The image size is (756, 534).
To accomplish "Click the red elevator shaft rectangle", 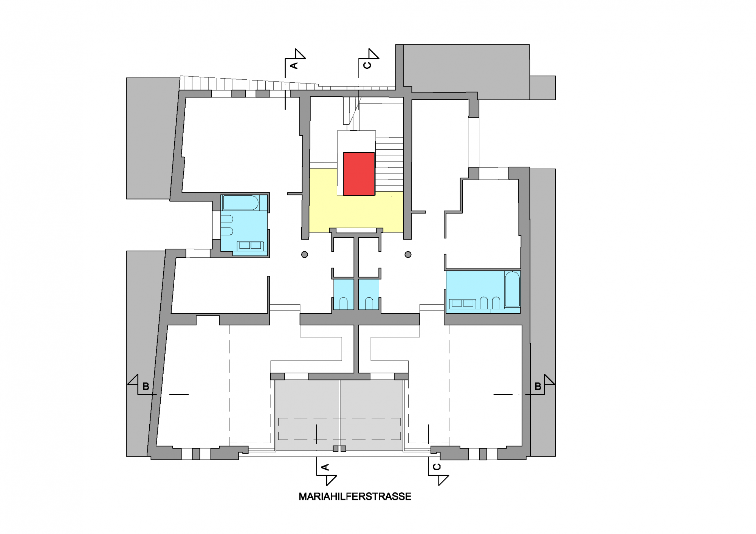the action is pyautogui.click(x=359, y=174).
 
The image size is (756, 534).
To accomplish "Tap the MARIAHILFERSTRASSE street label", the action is pyautogui.click(x=355, y=497).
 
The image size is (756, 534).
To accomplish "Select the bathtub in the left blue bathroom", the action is pyautogui.click(x=241, y=203).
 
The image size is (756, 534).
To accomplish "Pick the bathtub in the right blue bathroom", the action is pyautogui.click(x=512, y=289).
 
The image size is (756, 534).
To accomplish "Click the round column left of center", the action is pyautogui.click(x=305, y=254).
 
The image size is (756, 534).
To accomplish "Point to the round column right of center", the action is pyautogui.click(x=408, y=254).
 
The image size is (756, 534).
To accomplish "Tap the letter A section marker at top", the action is pyautogui.click(x=294, y=65).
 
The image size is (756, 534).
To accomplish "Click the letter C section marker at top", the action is pyautogui.click(x=367, y=65).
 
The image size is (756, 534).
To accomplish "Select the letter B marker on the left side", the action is pyautogui.click(x=146, y=387).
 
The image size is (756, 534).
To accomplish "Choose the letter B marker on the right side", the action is pyautogui.click(x=538, y=387).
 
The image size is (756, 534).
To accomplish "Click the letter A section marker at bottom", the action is pyautogui.click(x=325, y=467).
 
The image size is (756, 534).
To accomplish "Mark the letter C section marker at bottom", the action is pyautogui.click(x=437, y=467).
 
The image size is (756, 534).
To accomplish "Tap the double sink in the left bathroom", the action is pyautogui.click(x=250, y=246).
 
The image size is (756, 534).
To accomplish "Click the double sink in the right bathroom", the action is pyautogui.click(x=463, y=303).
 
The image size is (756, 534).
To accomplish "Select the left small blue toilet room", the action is pyautogui.click(x=344, y=294).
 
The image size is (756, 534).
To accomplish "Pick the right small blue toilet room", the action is pyautogui.click(x=369, y=294).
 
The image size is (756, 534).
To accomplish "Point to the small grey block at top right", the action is pyautogui.click(x=542, y=88).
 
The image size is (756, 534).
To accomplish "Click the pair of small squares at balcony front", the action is pyautogui.click(x=339, y=449).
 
